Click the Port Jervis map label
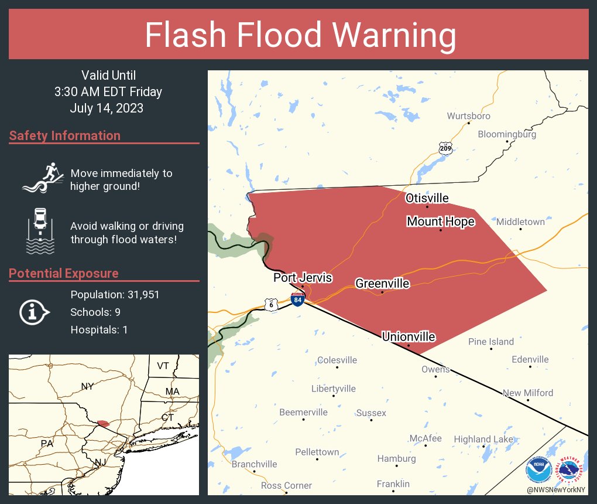coord(303,278)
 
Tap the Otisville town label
coord(427,198)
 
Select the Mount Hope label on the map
coord(440,222)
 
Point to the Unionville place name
coord(409,336)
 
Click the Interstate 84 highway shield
coord(298,299)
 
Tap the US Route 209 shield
coord(445,148)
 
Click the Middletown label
coord(520,222)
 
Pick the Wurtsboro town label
coord(469,116)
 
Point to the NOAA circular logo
coord(538,469)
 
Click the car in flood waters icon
coord(40,231)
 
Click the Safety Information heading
coord(65,136)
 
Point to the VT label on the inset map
coord(163,366)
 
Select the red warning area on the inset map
coord(103,423)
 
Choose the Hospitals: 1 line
coord(99,329)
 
